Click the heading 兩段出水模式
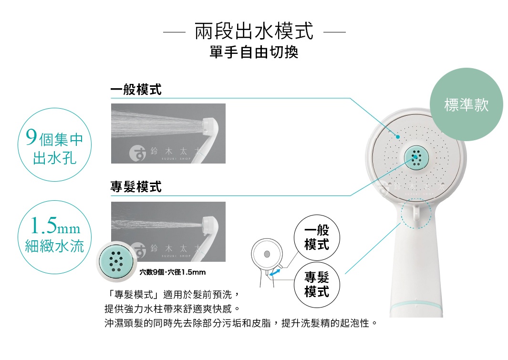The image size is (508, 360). coord(254,32)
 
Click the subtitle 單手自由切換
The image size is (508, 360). coord(254,52)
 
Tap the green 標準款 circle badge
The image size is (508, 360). coord(466,105)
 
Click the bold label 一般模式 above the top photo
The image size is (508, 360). coord(136,89)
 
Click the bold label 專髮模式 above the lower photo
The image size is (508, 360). coord(136,187)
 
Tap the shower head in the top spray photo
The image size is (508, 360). coord(210,127)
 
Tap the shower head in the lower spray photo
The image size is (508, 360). coord(210,225)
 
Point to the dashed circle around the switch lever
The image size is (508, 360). coord(416,214)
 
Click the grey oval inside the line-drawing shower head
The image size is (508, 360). coord(267,252)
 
